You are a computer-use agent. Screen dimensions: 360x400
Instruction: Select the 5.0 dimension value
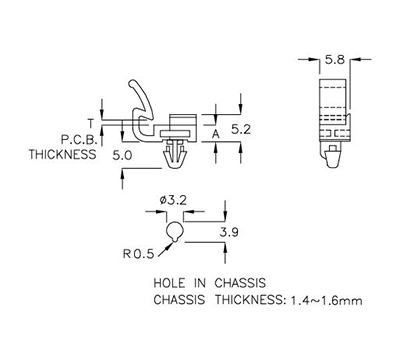(124, 155)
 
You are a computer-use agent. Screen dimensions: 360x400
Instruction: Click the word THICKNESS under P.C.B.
(62, 155)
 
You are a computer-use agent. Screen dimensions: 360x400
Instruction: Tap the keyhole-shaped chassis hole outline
(177, 232)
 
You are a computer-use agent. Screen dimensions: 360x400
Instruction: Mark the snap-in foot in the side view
(176, 157)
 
